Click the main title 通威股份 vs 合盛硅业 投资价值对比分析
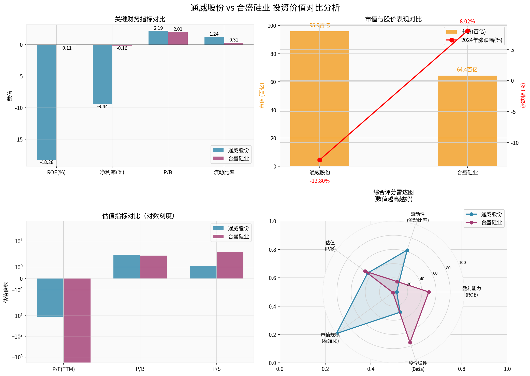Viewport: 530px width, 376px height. tap(265, 8)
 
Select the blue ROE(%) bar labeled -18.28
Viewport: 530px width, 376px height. tap(47, 102)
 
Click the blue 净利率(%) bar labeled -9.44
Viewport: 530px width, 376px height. tap(102, 74)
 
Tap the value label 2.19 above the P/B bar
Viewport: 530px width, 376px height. tap(158, 28)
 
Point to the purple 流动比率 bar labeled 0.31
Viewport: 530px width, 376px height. tap(234, 44)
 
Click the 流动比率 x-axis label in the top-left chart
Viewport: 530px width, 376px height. tap(224, 172)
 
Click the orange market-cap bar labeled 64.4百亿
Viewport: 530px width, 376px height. tap(467, 121)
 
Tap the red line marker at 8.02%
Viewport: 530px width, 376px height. tap(467, 31)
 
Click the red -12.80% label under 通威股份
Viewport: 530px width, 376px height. tap(319, 181)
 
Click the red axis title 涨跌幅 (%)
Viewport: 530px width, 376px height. tap(523, 96)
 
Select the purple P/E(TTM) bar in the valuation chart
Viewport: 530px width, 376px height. tap(77, 320)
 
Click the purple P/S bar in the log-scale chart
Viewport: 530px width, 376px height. tap(230, 265)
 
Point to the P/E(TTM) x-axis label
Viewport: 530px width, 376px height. tap(64, 369)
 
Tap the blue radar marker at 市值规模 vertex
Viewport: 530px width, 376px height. tap(336, 333)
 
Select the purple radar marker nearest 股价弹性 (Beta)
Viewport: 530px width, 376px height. tap(410, 342)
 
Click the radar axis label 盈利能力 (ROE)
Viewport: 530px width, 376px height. tap(472, 292)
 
